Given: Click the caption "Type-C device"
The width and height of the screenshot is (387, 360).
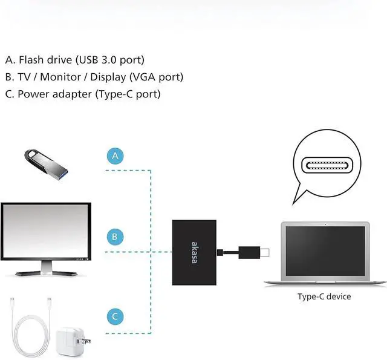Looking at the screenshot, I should [324, 296].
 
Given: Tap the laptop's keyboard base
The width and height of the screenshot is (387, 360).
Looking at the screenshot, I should [325, 281].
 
